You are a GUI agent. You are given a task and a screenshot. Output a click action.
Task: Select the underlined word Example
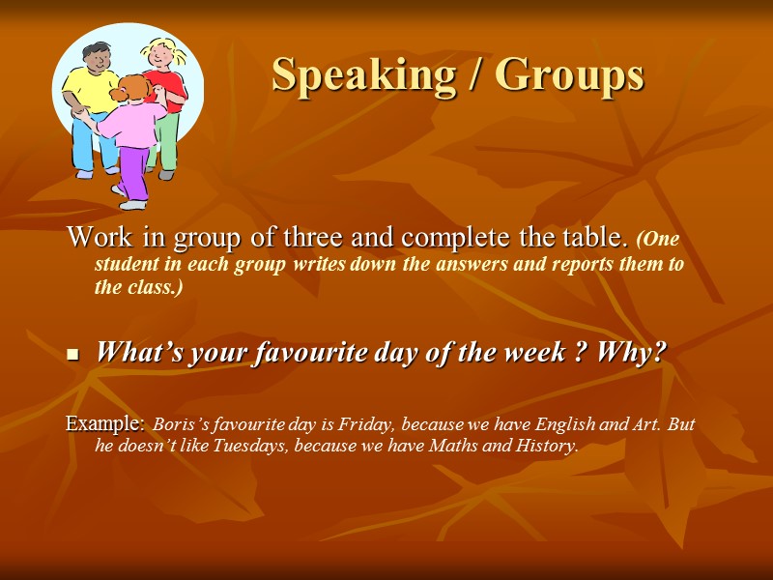(104, 423)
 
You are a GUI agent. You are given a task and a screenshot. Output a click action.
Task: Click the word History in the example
(546, 446)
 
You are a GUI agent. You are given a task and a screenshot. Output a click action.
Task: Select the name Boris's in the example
(179, 424)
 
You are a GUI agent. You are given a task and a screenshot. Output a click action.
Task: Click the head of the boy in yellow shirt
(96, 59)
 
